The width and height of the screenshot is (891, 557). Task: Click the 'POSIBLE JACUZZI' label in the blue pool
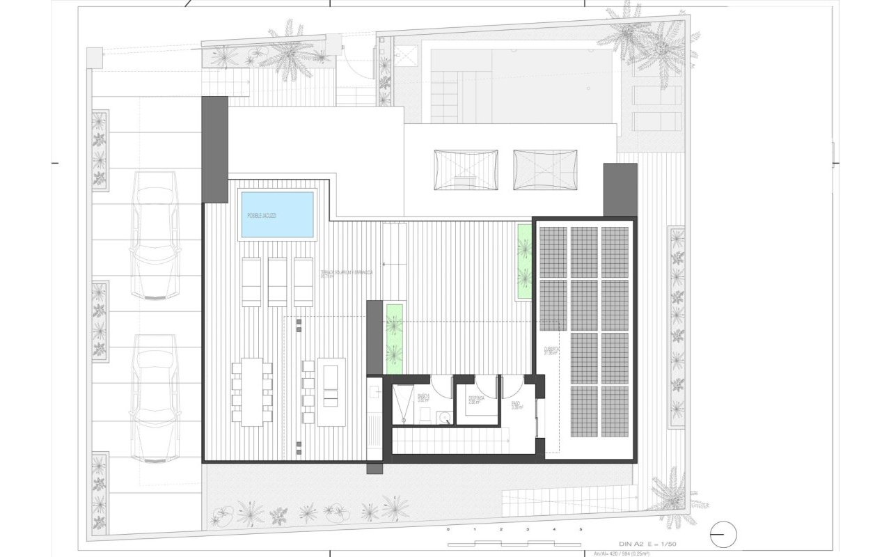(x=262, y=216)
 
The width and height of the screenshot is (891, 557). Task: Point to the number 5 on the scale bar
(x=581, y=530)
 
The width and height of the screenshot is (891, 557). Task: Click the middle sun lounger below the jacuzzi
(x=278, y=281)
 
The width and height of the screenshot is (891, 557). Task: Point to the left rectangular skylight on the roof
(x=466, y=169)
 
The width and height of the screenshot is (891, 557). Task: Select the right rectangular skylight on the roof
(x=545, y=169)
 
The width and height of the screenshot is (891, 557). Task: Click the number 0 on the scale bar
(x=448, y=530)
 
